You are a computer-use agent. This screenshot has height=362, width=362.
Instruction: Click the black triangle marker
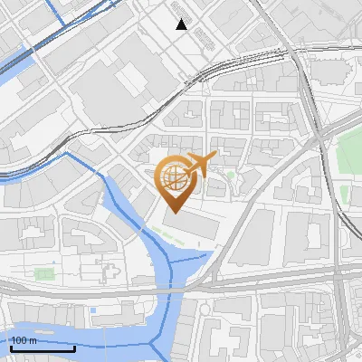181,24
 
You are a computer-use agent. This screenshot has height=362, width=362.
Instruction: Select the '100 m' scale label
24,340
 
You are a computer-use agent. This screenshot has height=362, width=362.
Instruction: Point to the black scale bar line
43,348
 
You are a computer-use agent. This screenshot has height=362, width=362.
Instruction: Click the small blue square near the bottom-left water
92,310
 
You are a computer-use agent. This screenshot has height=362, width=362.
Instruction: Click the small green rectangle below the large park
344,192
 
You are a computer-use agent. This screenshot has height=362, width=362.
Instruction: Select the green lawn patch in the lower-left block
43,271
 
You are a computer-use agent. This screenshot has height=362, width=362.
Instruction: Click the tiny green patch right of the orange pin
231,175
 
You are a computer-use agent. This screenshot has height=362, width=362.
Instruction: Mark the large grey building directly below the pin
191,223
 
